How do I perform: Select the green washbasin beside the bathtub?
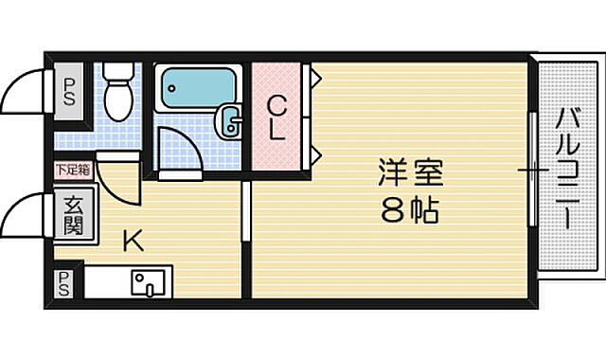[230, 119]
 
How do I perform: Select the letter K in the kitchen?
[132, 241]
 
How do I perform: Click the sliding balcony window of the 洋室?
[532, 171]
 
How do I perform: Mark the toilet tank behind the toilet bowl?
[117, 72]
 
